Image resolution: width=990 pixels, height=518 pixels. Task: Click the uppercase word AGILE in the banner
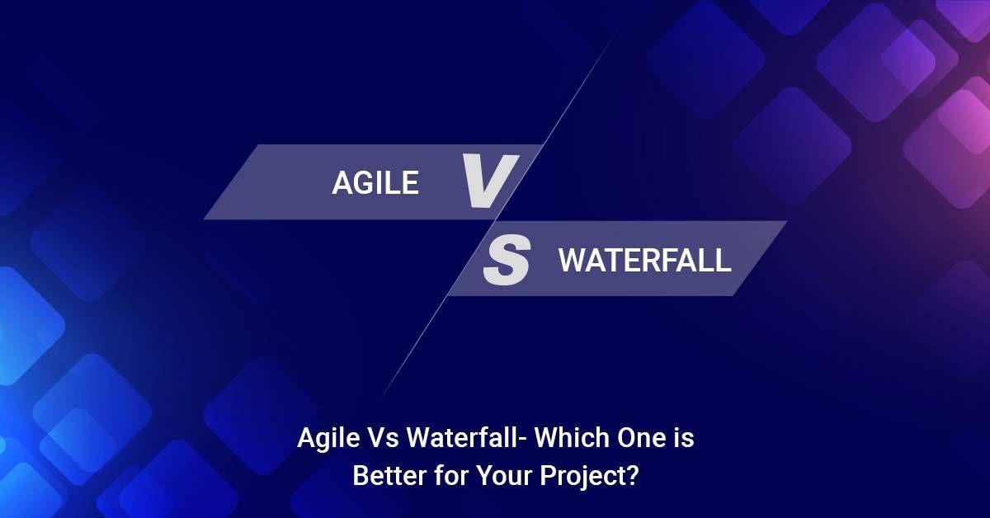coord(375,183)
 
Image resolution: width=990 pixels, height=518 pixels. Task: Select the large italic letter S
coord(505,261)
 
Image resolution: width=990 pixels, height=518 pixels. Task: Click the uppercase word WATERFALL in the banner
coord(644,261)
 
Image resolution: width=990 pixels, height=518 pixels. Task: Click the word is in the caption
coord(685,439)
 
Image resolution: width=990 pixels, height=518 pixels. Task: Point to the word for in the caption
coord(438,477)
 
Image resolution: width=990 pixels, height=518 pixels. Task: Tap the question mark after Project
coord(631,477)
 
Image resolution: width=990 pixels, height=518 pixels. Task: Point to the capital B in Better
coord(361,477)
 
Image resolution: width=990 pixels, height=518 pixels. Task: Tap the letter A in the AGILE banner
coord(342,183)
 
